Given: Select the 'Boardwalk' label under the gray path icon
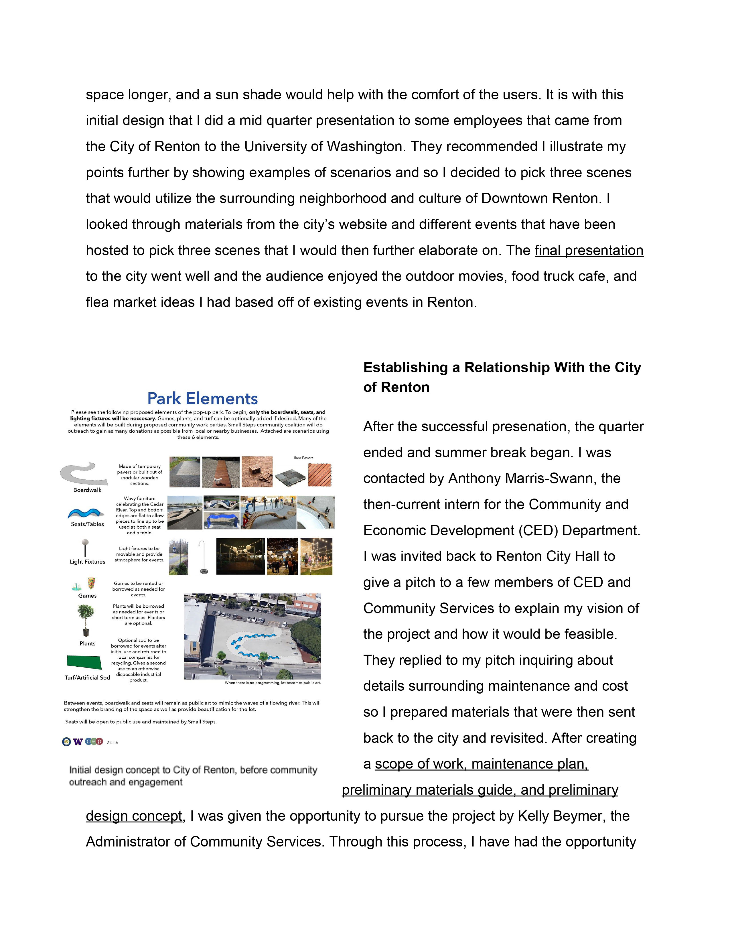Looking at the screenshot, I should tap(87, 490).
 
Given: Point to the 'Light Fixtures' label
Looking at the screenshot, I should tap(87, 562).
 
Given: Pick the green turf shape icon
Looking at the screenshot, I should tap(84, 662).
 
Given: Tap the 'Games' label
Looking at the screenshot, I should tap(87, 596).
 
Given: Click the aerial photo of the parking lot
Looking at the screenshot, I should tap(252, 636).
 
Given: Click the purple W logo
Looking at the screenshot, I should tap(78, 742).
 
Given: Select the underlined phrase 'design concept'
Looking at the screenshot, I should tap(134, 816).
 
